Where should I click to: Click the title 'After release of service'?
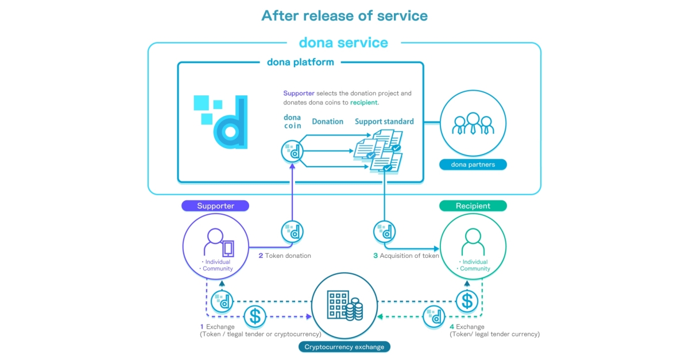344,15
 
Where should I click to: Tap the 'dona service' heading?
343,42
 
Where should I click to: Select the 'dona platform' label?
300,62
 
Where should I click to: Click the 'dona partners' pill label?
473,165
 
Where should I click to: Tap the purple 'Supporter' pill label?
215,206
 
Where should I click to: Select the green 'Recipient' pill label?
473,206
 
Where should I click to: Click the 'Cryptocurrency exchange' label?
344,347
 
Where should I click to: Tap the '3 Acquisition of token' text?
406,256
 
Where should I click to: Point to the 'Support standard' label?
384,122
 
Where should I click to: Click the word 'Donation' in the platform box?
327,122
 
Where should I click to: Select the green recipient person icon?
473,241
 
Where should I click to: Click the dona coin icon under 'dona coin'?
292,152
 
